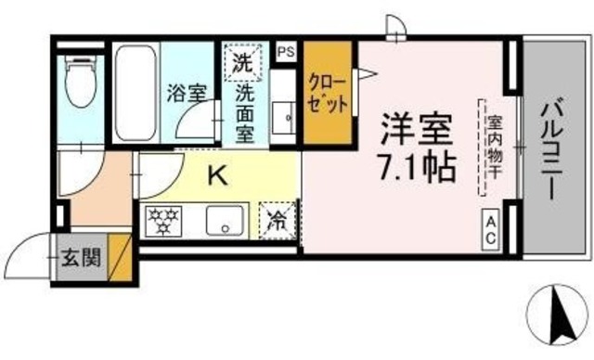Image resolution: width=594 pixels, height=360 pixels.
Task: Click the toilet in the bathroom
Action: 80,87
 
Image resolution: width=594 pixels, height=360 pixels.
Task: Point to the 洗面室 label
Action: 245,114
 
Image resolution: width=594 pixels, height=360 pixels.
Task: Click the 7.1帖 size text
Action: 415,167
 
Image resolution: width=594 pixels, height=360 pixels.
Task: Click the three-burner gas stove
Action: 164,221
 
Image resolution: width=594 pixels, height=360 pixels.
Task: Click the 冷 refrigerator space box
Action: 278,221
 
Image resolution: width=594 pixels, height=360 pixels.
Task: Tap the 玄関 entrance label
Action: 81,254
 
